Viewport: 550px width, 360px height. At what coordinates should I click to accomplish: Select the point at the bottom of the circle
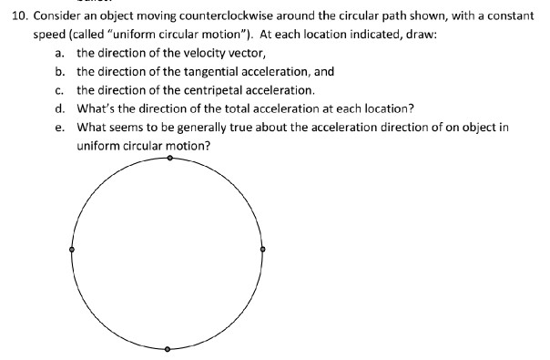(168, 349)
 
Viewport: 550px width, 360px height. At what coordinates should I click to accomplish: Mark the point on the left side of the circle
(72, 249)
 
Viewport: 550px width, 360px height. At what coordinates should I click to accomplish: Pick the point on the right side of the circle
(263, 249)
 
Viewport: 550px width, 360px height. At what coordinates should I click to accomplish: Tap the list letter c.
(58, 90)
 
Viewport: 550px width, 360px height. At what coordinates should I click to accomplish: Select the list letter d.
(58, 108)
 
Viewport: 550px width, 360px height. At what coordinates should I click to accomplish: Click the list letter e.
(58, 127)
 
